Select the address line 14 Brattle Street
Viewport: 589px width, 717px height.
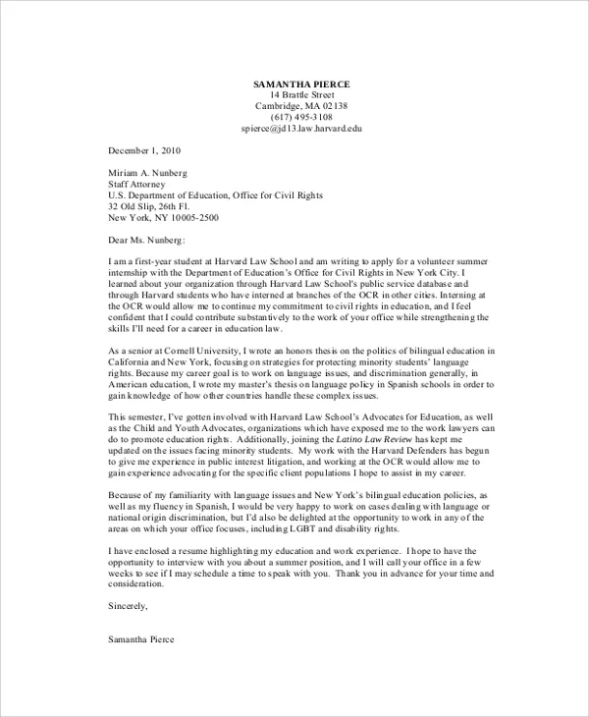pyautogui.click(x=301, y=94)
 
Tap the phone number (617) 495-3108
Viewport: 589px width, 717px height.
pyautogui.click(x=301, y=117)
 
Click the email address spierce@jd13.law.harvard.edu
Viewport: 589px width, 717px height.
pyautogui.click(x=301, y=129)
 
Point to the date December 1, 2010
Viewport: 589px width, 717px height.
pyautogui.click(x=144, y=150)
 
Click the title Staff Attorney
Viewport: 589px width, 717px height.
pyautogui.click(x=136, y=183)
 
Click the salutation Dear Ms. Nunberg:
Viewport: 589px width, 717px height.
pyautogui.click(x=146, y=239)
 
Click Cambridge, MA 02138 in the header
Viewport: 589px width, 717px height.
pyautogui.click(x=301, y=106)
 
